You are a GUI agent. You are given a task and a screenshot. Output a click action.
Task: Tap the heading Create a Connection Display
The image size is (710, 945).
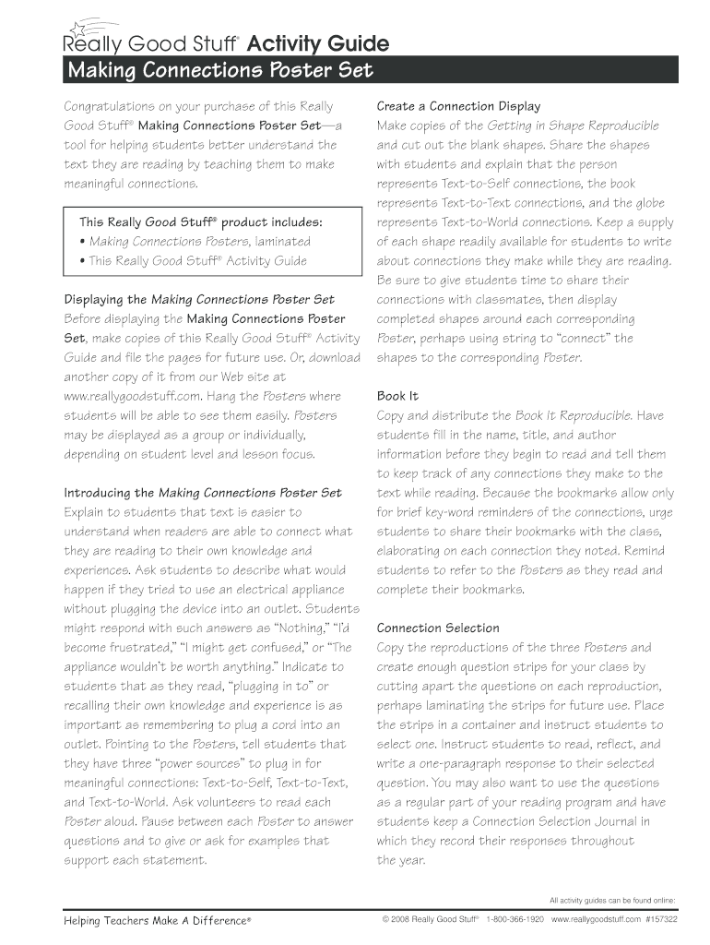point(458,106)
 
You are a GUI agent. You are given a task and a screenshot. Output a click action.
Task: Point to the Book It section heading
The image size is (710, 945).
point(397,396)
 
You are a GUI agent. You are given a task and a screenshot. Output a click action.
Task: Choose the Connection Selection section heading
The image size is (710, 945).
point(438,628)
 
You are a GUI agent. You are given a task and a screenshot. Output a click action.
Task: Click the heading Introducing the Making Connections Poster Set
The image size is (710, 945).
point(202,493)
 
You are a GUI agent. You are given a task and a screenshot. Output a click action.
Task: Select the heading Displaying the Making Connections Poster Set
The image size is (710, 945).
point(198,299)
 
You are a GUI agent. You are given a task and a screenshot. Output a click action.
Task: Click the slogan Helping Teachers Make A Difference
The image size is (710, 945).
point(157,920)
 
